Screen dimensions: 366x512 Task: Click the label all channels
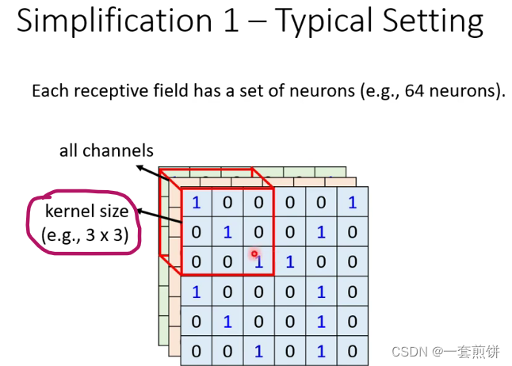106,151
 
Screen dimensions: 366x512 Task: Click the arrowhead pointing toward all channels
138,167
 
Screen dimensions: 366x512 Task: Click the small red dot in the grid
254,254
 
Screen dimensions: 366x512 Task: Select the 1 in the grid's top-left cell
196,203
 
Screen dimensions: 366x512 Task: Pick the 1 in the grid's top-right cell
352,203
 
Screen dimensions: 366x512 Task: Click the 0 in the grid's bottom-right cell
352,351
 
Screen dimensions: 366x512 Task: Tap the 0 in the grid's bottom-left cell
196,351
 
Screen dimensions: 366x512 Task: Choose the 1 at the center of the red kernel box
227,232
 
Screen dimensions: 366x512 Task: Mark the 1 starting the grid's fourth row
196,292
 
